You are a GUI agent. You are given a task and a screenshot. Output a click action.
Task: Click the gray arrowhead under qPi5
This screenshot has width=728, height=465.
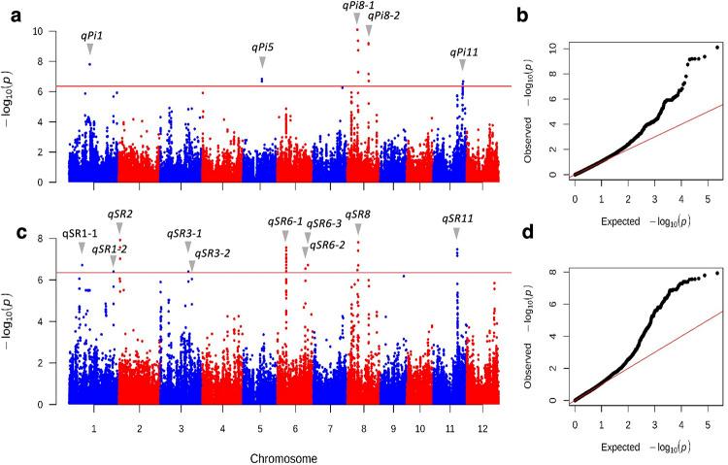[x=262, y=61]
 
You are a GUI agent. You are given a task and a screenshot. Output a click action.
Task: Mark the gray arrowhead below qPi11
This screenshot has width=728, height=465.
[x=463, y=64]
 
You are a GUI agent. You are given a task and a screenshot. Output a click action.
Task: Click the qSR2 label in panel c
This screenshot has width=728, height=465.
[x=119, y=214]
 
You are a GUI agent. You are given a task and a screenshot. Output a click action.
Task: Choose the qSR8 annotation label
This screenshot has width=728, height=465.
[x=358, y=214]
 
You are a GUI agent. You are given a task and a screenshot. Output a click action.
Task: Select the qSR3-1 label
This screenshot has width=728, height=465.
[x=184, y=233]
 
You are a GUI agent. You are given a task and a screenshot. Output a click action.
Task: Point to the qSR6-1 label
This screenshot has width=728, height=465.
[x=285, y=221]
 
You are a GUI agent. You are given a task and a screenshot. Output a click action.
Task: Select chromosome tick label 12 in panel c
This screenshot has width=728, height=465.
[x=482, y=427]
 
